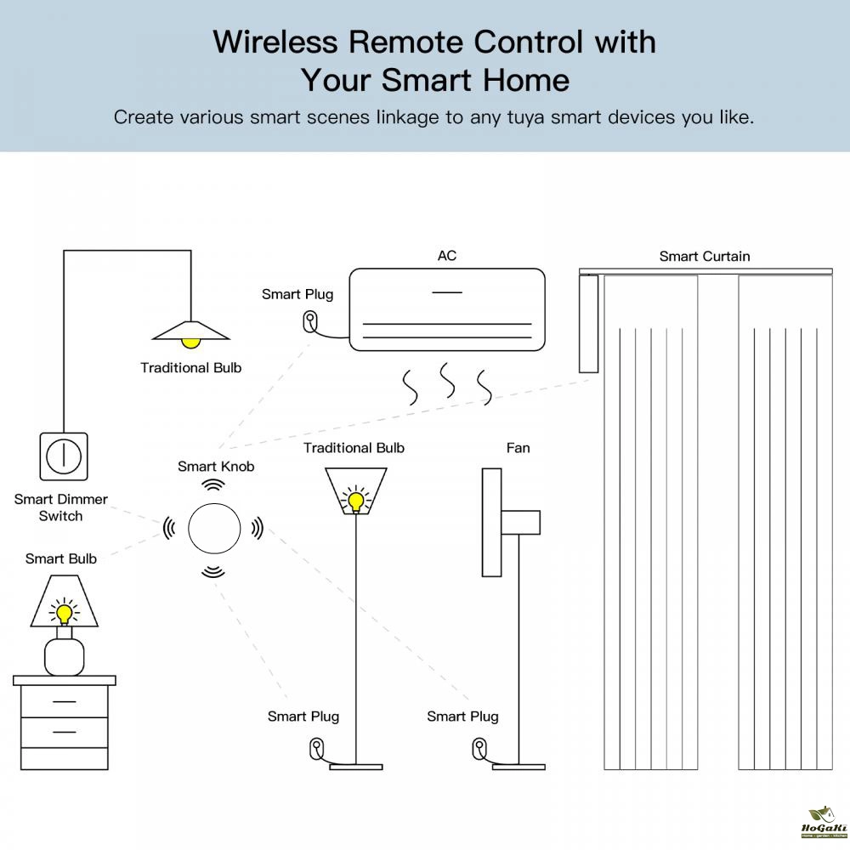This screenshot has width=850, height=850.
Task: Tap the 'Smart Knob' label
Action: click(x=216, y=466)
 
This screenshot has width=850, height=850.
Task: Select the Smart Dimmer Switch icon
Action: click(x=63, y=456)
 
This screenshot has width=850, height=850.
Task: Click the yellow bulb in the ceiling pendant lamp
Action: click(x=191, y=342)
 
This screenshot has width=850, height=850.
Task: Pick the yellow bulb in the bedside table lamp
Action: click(x=64, y=612)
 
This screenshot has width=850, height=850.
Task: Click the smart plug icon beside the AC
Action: click(x=310, y=322)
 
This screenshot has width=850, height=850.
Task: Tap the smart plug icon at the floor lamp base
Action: click(x=316, y=750)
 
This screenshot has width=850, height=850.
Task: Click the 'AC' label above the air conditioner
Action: click(x=447, y=256)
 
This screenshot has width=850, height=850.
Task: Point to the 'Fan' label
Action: click(x=518, y=448)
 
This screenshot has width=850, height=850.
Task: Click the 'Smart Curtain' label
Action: click(x=705, y=256)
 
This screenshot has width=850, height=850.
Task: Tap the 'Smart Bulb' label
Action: click(x=61, y=558)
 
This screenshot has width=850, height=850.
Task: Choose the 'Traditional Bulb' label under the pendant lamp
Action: click(x=191, y=368)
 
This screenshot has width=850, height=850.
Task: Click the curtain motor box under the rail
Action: click(x=587, y=324)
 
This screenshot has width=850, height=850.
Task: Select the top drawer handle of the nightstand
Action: click(x=64, y=702)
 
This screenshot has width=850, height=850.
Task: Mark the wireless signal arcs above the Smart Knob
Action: click(x=213, y=484)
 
